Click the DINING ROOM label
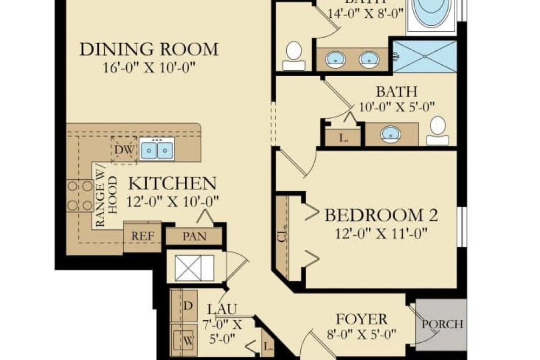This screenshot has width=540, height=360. (x=149, y=50)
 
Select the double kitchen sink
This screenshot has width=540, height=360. (x=157, y=150)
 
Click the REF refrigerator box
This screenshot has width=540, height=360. (x=141, y=236)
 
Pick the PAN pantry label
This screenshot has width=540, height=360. (x=194, y=236)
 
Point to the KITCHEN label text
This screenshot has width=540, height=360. (x=172, y=184)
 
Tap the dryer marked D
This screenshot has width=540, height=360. (x=188, y=306)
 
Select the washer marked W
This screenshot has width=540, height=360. (x=188, y=340)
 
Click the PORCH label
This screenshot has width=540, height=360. (x=442, y=324)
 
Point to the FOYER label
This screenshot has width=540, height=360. (x=362, y=319)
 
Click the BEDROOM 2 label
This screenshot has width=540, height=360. (x=381, y=216)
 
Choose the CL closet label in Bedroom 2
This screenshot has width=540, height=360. (x=281, y=238)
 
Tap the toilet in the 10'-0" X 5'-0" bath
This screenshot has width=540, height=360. (x=437, y=131)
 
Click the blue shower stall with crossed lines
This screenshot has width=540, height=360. (x=424, y=56)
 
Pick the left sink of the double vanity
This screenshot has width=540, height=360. (x=334, y=58)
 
